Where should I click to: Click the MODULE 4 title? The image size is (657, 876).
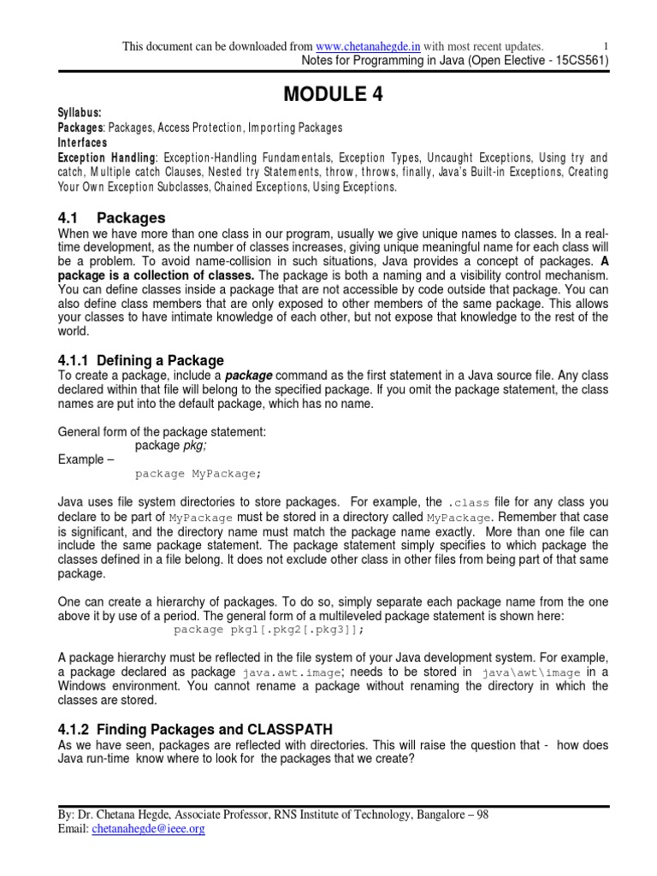click(328, 95)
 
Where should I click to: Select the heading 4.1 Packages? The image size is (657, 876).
click(111, 218)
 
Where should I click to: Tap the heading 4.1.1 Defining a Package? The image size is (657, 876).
click(140, 360)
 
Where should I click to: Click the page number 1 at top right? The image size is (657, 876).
click(606, 45)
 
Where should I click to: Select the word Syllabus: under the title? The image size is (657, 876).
click(79, 113)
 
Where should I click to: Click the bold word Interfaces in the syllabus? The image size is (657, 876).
click(82, 142)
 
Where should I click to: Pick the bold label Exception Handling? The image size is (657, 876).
click(106, 157)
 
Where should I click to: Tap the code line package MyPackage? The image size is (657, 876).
click(198, 473)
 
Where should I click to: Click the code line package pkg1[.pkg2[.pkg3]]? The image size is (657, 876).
click(269, 630)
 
